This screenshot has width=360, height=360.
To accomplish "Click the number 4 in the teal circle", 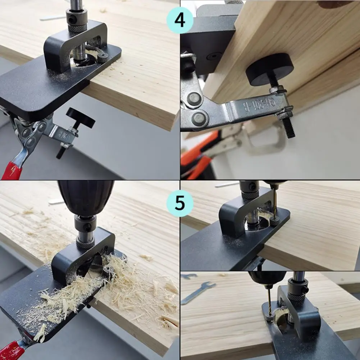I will click(x=180, y=20).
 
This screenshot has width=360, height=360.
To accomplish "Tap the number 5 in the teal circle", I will click(x=180, y=203).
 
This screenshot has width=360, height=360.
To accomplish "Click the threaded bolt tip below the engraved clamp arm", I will click(x=288, y=128).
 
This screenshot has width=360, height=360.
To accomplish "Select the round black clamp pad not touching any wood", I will click(x=81, y=118).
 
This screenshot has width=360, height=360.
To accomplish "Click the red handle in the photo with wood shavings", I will click(x=13, y=351).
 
